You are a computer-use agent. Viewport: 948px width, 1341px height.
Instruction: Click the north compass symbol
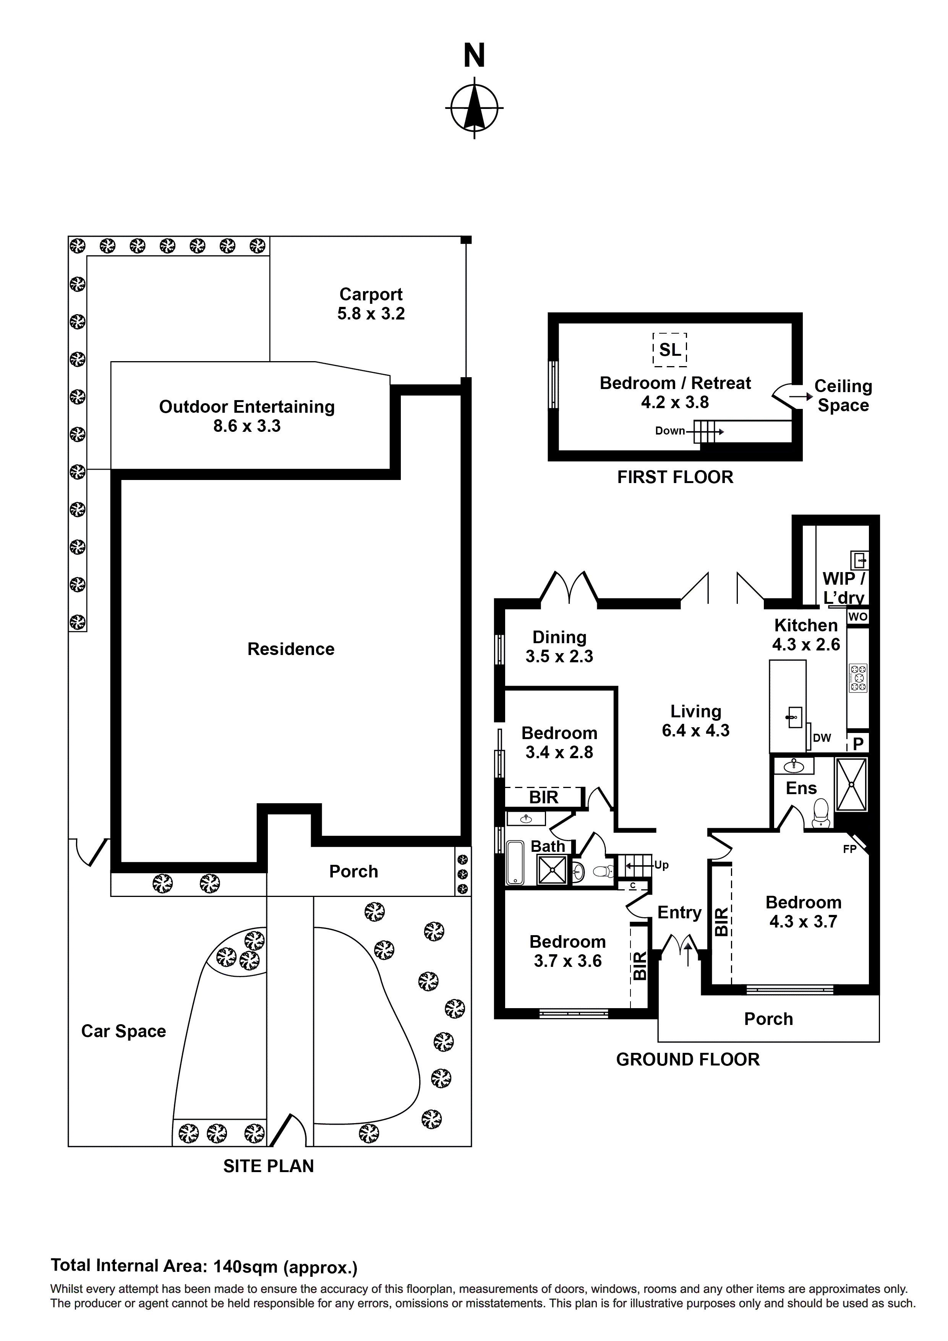[x=474, y=108]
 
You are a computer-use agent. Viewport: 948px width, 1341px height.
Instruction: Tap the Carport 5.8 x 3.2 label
[x=371, y=304]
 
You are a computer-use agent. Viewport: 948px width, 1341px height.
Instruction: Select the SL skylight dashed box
[x=669, y=350]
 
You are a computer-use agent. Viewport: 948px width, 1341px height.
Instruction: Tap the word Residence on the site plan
[x=290, y=649]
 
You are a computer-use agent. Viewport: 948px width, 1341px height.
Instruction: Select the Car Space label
[x=123, y=1031]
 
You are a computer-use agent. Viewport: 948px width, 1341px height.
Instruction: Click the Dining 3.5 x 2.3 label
[x=559, y=647]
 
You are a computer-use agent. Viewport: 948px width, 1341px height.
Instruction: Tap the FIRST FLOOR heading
[x=675, y=477]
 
